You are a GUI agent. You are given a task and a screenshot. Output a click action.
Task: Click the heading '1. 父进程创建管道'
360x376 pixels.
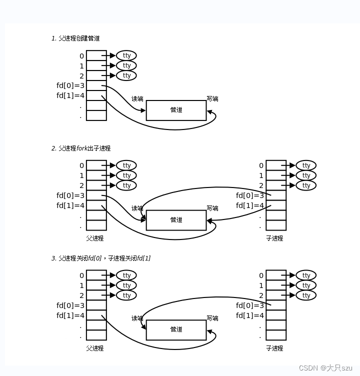(75, 38)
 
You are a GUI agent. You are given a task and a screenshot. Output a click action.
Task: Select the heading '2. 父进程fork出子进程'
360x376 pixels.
(81, 148)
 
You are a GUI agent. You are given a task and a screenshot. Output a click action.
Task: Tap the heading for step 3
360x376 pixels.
(101, 258)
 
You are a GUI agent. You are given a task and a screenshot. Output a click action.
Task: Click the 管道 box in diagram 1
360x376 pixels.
(176, 110)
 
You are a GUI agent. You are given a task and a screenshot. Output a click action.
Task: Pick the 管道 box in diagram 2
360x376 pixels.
(176, 220)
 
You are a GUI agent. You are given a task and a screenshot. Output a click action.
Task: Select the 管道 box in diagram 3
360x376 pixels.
(176, 329)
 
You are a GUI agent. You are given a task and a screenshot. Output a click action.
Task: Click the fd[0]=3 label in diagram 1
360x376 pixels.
(70, 85)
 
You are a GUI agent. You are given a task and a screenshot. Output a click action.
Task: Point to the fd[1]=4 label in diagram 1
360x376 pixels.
(70, 95)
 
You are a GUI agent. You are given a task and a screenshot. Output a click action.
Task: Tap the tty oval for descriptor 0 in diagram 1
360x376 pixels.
(126, 55)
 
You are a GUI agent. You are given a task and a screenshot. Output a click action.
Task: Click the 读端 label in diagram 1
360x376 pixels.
(137, 99)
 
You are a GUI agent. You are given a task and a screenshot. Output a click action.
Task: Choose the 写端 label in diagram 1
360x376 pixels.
(212, 99)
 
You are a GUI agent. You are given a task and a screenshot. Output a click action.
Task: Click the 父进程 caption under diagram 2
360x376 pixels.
(95, 238)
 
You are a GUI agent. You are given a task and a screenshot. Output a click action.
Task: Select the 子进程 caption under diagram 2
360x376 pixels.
(274, 238)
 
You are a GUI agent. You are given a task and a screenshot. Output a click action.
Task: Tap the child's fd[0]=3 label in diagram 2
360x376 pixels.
(250, 195)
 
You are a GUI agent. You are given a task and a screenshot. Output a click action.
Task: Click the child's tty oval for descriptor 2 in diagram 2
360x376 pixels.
(306, 185)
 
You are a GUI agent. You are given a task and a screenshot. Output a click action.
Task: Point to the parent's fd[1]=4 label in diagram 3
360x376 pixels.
(70, 315)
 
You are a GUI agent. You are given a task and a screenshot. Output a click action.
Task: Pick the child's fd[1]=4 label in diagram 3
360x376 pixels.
(250, 315)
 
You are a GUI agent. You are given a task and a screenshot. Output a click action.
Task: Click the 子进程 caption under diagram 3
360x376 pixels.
(274, 348)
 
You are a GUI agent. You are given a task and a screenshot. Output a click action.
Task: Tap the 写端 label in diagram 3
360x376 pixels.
(212, 318)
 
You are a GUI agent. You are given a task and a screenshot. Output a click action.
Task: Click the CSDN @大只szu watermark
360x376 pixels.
(325, 368)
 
